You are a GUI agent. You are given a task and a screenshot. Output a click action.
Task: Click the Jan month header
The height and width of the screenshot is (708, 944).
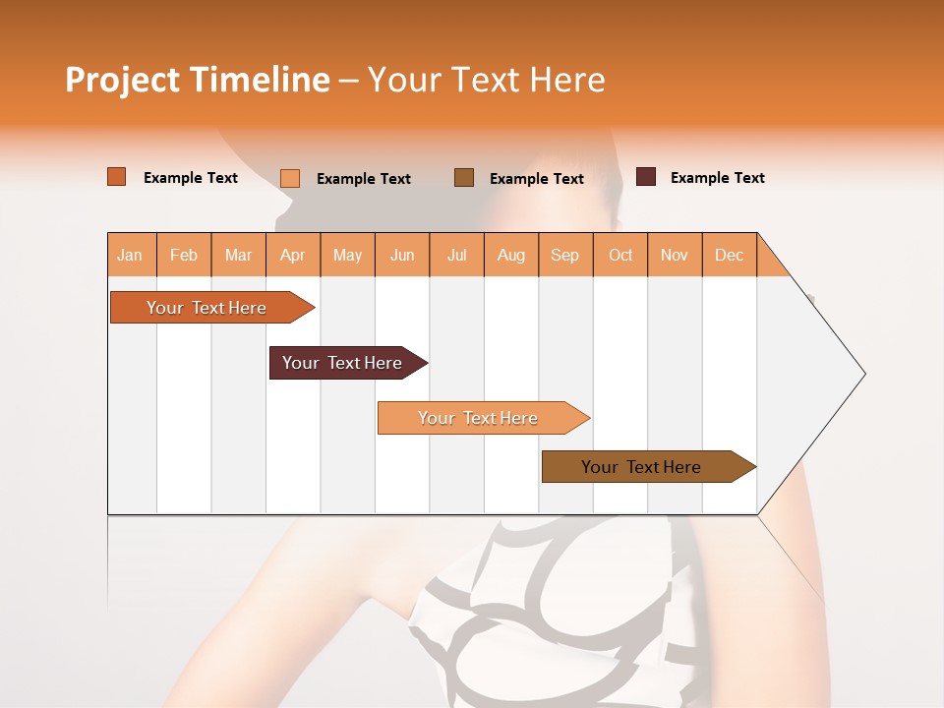(x=131, y=256)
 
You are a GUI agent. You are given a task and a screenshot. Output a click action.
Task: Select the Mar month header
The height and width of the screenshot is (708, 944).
(x=238, y=256)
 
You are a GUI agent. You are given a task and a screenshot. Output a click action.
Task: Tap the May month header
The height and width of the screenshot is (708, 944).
(x=347, y=256)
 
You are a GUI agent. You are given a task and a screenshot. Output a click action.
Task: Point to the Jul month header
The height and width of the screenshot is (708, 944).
(x=456, y=256)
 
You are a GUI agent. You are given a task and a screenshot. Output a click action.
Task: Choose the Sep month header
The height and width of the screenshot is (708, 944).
(x=564, y=256)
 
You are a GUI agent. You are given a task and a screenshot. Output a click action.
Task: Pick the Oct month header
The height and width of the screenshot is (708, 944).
(x=620, y=256)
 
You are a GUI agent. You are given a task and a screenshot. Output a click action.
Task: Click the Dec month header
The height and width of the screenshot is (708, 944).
(x=729, y=256)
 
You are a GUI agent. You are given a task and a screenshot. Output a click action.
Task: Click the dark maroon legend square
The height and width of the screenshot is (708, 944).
(x=646, y=177)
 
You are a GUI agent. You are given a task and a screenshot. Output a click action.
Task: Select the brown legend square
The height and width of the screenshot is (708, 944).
(x=464, y=178)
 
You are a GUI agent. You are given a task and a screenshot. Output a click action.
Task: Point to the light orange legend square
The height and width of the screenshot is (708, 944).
(x=290, y=178)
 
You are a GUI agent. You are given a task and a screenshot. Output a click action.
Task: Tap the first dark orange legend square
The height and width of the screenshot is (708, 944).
(x=117, y=177)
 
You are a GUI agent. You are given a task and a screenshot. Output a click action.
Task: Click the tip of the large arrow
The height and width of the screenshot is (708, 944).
(x=863, y=374)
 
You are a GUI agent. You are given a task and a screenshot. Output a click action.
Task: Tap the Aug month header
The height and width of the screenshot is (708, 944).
(x=510, y=256)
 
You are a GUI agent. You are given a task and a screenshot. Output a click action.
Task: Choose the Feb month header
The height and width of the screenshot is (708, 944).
(x=184, y=256)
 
